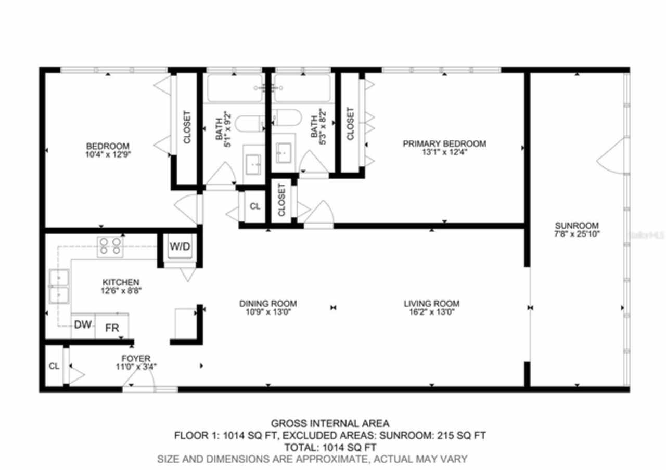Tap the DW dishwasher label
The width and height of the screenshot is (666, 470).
tap(82, 325)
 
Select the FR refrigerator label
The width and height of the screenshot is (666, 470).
tap(112, 328)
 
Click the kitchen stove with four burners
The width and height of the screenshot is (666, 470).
tap(110, 246)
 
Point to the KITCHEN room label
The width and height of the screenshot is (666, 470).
tap(120, 282)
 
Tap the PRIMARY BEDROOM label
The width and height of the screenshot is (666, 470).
tap(444, 144)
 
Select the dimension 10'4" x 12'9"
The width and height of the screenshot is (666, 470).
tap(108, 154)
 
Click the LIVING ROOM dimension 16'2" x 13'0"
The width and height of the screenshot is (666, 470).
tap(431, 312)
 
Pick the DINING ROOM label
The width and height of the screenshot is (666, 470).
tap(268, 304)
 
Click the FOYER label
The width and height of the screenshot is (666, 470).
tap(136, 358)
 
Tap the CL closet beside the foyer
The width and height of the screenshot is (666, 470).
tap(54, 366)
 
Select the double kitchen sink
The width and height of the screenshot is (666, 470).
tap(59, 286)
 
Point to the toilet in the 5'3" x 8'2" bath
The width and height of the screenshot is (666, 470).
tap(287, 117)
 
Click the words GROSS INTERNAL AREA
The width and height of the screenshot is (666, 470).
tap(329, 424)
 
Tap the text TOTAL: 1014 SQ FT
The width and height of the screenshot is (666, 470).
tap(330, 447)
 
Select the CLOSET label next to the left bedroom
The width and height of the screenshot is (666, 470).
tap(187, 128)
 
